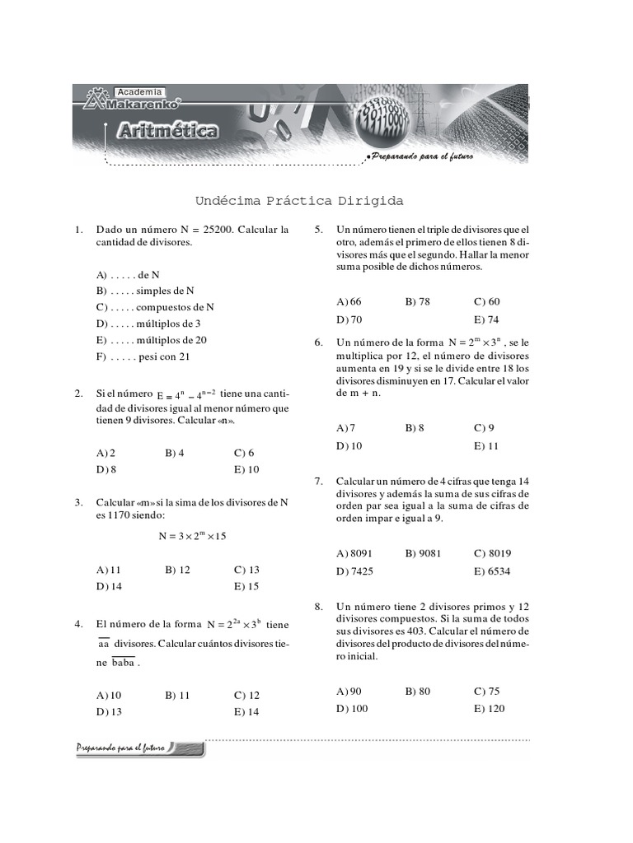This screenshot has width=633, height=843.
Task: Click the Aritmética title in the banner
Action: point(167,130)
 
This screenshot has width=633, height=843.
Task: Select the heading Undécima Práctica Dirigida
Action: point(299,201)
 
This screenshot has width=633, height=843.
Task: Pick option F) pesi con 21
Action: point(143,356)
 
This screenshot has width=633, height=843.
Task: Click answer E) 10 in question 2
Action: point(246,469)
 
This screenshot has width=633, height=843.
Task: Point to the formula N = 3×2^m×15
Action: point(192,536)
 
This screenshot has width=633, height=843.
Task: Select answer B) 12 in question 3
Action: point(177,569)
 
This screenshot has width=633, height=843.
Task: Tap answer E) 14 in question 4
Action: point(246,712)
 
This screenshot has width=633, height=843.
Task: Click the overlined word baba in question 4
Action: point(124,663)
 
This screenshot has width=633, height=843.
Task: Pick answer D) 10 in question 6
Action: point(349,445)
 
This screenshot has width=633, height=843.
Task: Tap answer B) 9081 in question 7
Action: point(423,553)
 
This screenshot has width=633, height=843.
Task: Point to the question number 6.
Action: point(317,342)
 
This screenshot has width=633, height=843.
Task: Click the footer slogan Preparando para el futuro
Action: point(121,748)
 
